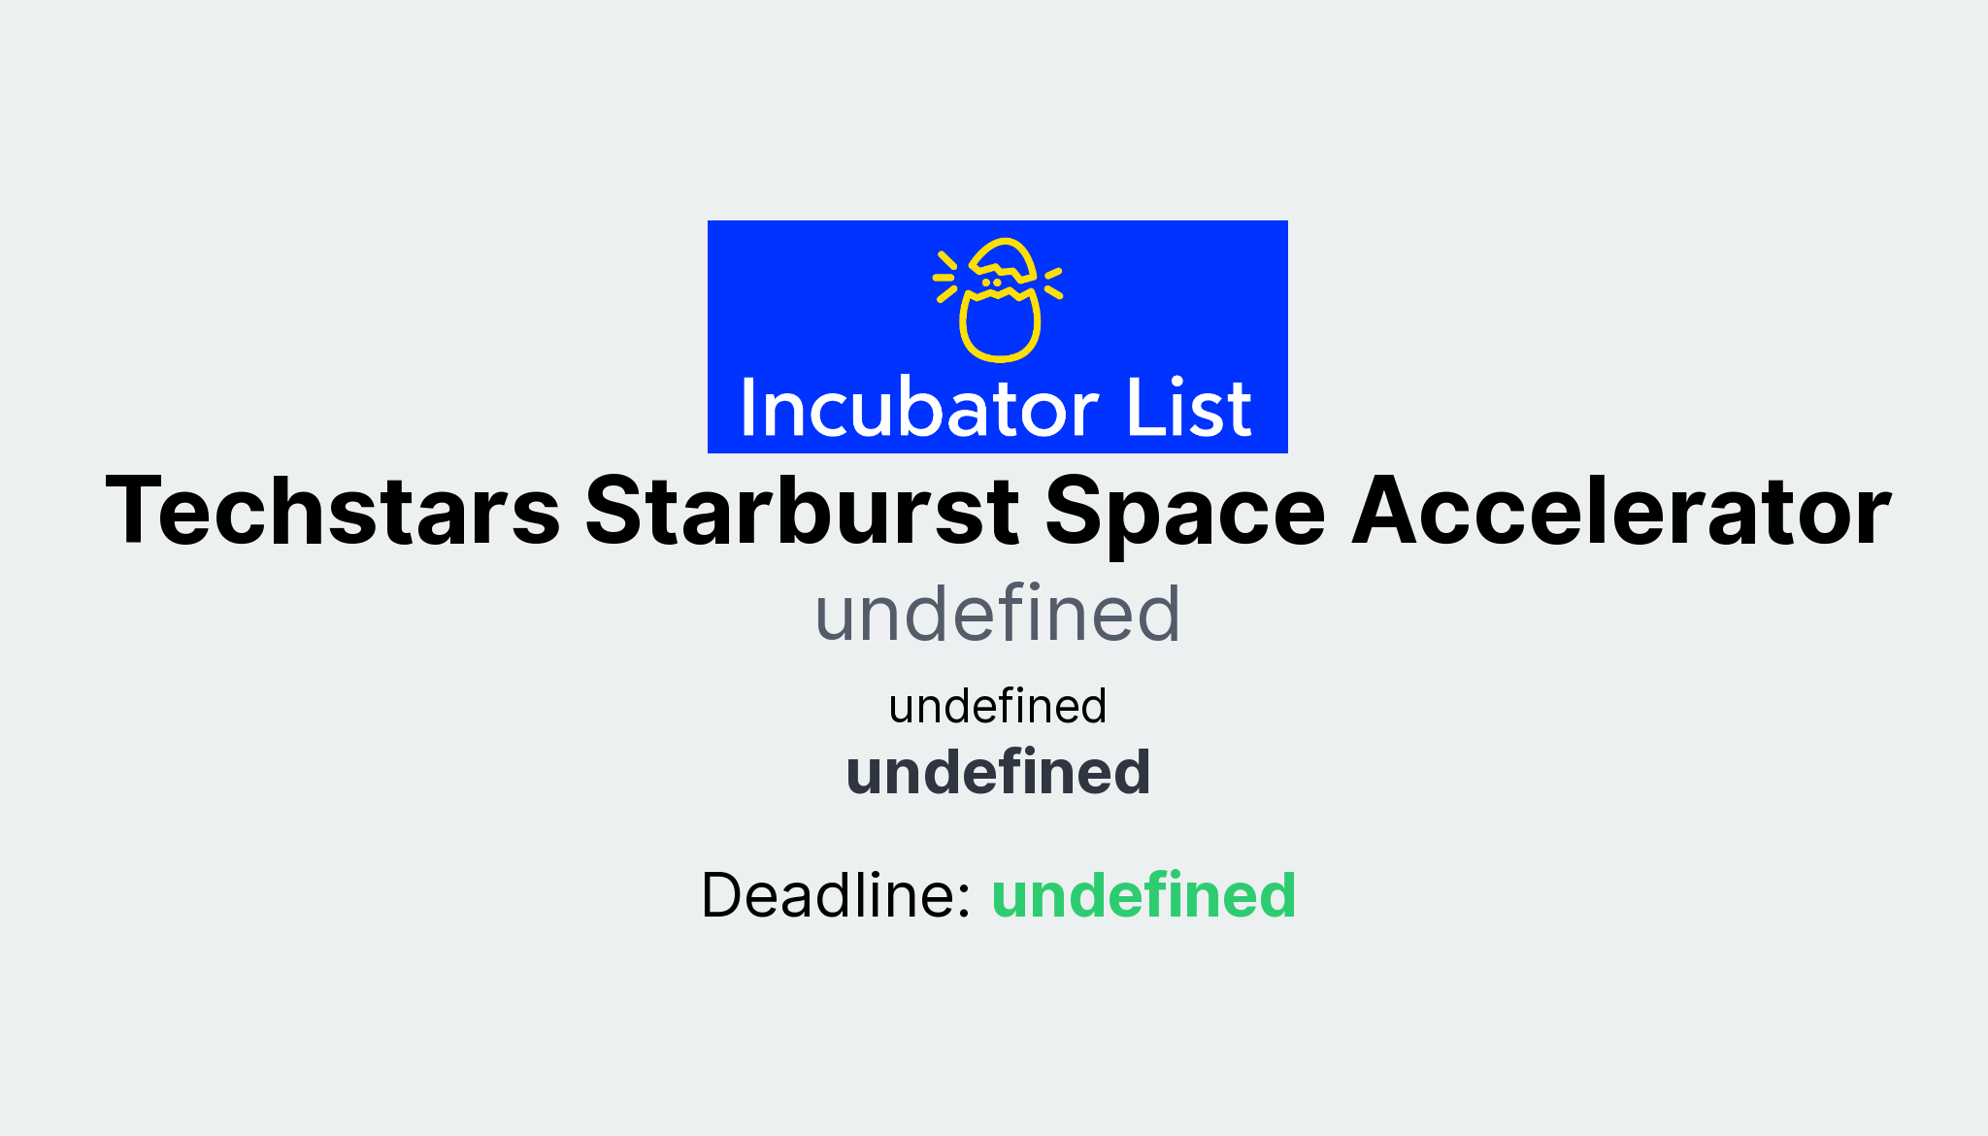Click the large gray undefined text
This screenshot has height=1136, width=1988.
997,615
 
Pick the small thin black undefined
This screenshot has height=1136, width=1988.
997,707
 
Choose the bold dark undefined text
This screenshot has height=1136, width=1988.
998,773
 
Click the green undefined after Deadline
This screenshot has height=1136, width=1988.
1143,895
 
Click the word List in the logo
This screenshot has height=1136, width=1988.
1188,409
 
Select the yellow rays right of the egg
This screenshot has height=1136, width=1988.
1053,282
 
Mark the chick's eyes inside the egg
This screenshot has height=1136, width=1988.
991,283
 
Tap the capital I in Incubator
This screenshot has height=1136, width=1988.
747,407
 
